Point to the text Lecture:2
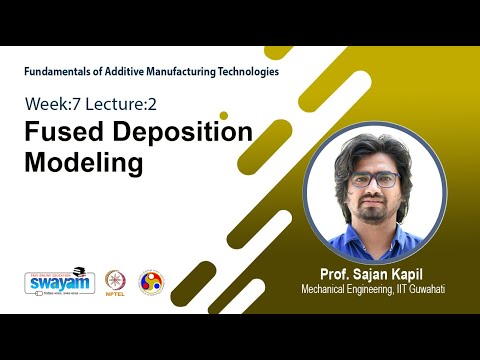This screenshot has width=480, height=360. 123,103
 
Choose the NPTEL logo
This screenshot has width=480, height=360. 112,283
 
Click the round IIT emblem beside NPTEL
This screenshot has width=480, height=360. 151,282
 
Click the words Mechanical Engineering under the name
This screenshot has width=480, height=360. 344,290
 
